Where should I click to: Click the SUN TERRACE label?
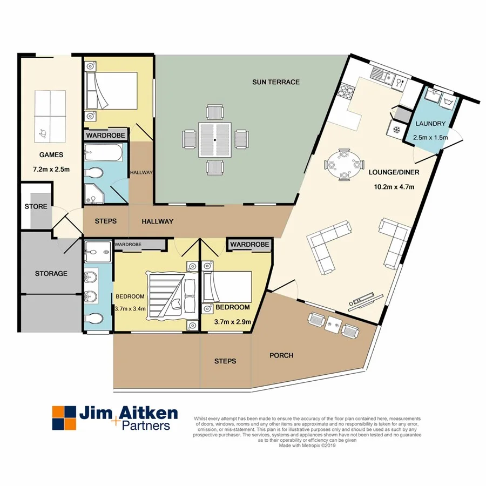[275, 82]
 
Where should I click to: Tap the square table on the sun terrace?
[215, 140]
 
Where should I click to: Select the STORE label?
[36, 206]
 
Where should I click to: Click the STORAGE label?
[51, 273]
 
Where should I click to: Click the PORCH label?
[281, 355]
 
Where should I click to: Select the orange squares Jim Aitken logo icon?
[63, 419]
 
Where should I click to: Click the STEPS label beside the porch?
[225, 361]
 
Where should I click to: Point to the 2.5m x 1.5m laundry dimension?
[430, 138]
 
